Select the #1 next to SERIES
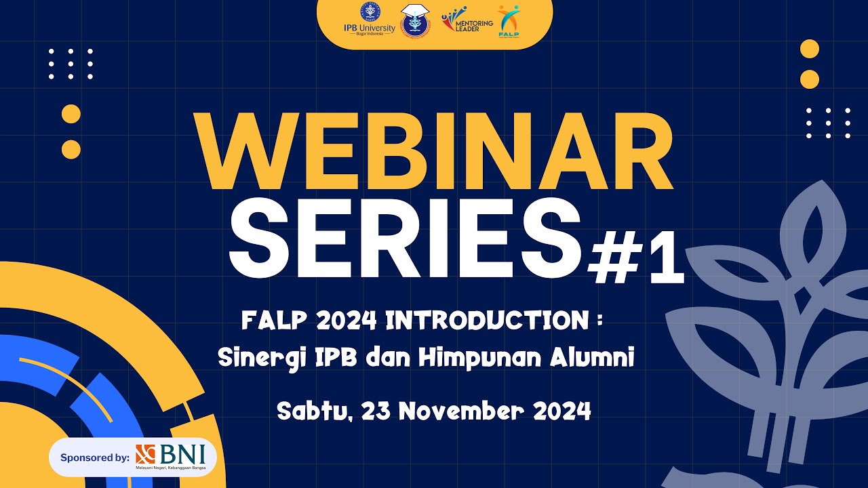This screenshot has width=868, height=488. click(x=635, y=258)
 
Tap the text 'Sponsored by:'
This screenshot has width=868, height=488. click(x=94, y=457)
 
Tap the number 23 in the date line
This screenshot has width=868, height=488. click(x=377, y=411)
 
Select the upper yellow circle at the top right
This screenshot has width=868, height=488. click(x=810, y=49)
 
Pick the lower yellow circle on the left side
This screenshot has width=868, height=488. click(x=71, y=149)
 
